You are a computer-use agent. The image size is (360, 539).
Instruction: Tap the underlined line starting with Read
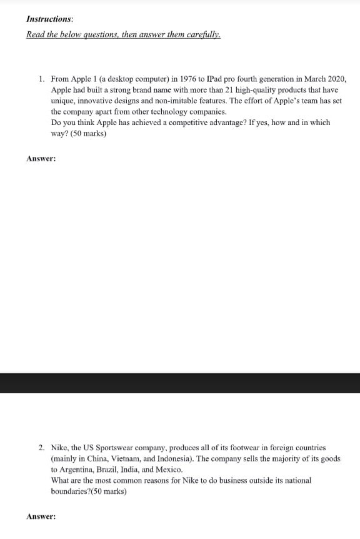[x=123, y=34]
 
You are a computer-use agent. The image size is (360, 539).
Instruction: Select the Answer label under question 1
[x=41, y=159]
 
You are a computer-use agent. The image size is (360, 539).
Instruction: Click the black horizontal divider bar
[x=180, y=383]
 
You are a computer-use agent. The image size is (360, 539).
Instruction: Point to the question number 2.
[x=41, y=448]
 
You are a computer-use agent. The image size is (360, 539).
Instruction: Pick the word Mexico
[x=169, y=470]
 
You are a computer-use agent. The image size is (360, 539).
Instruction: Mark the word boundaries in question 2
[x=71, y=491]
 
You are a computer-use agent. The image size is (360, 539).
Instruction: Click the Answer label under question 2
[x=41, y=517]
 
